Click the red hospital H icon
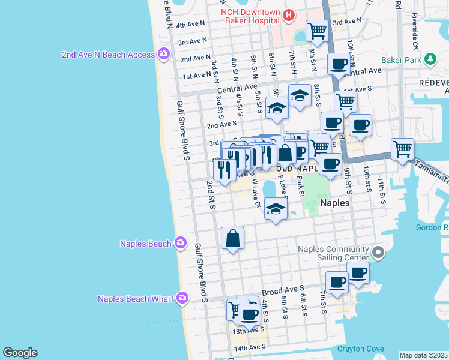pyautogui.click(x=289, y=15)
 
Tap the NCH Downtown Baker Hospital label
pyautogui.click(x=250, y=16)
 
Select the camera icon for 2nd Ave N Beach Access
pyautogui.click(x=163, y=55)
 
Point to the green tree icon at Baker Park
pyautogui.click(x=430, y=59)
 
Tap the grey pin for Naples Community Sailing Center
pyautogui.click(x=378, y=253)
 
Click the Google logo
pyautogui.click(x=20, y=353)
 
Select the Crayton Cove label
pyautogui.click(x=360, y=349)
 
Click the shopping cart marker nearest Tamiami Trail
pyautogui.click(x=402, y=148)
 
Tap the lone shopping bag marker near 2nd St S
pyautogui.click(x=232, y=238)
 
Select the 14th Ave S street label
pyautogui.click(x=249, y=348)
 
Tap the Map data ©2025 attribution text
pyautogui.click(x=423, y=355)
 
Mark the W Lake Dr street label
pyautogui.click(x=256, y=193)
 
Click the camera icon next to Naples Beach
pyautogui.click(x=180, y=243)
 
